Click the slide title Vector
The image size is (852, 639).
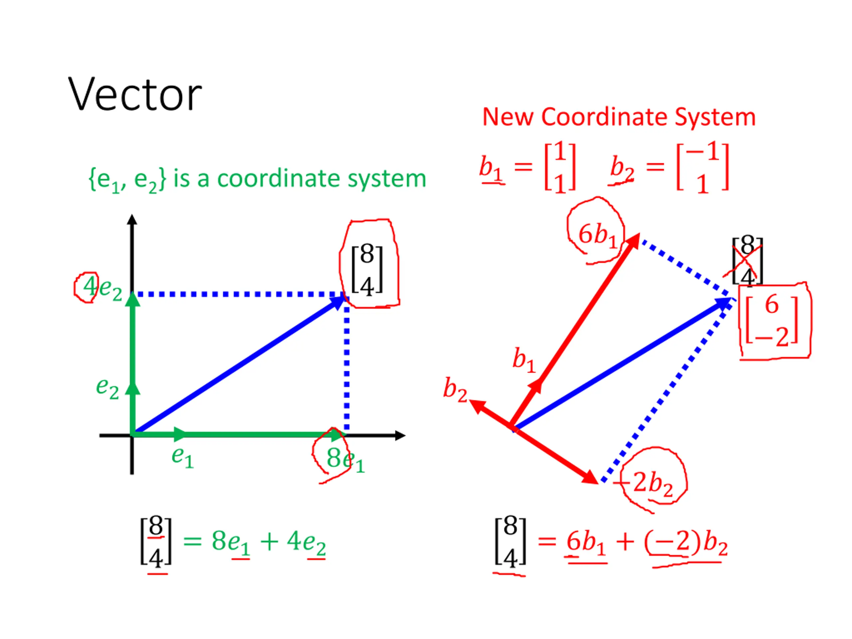click(x=135, y=95)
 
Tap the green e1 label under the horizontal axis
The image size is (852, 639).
click(x=182, y=458)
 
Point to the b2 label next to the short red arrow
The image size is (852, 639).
click(x=455, y=389)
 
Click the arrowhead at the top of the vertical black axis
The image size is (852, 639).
click(x=132, y=220)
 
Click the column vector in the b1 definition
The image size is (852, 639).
click(x=560, y=167)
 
